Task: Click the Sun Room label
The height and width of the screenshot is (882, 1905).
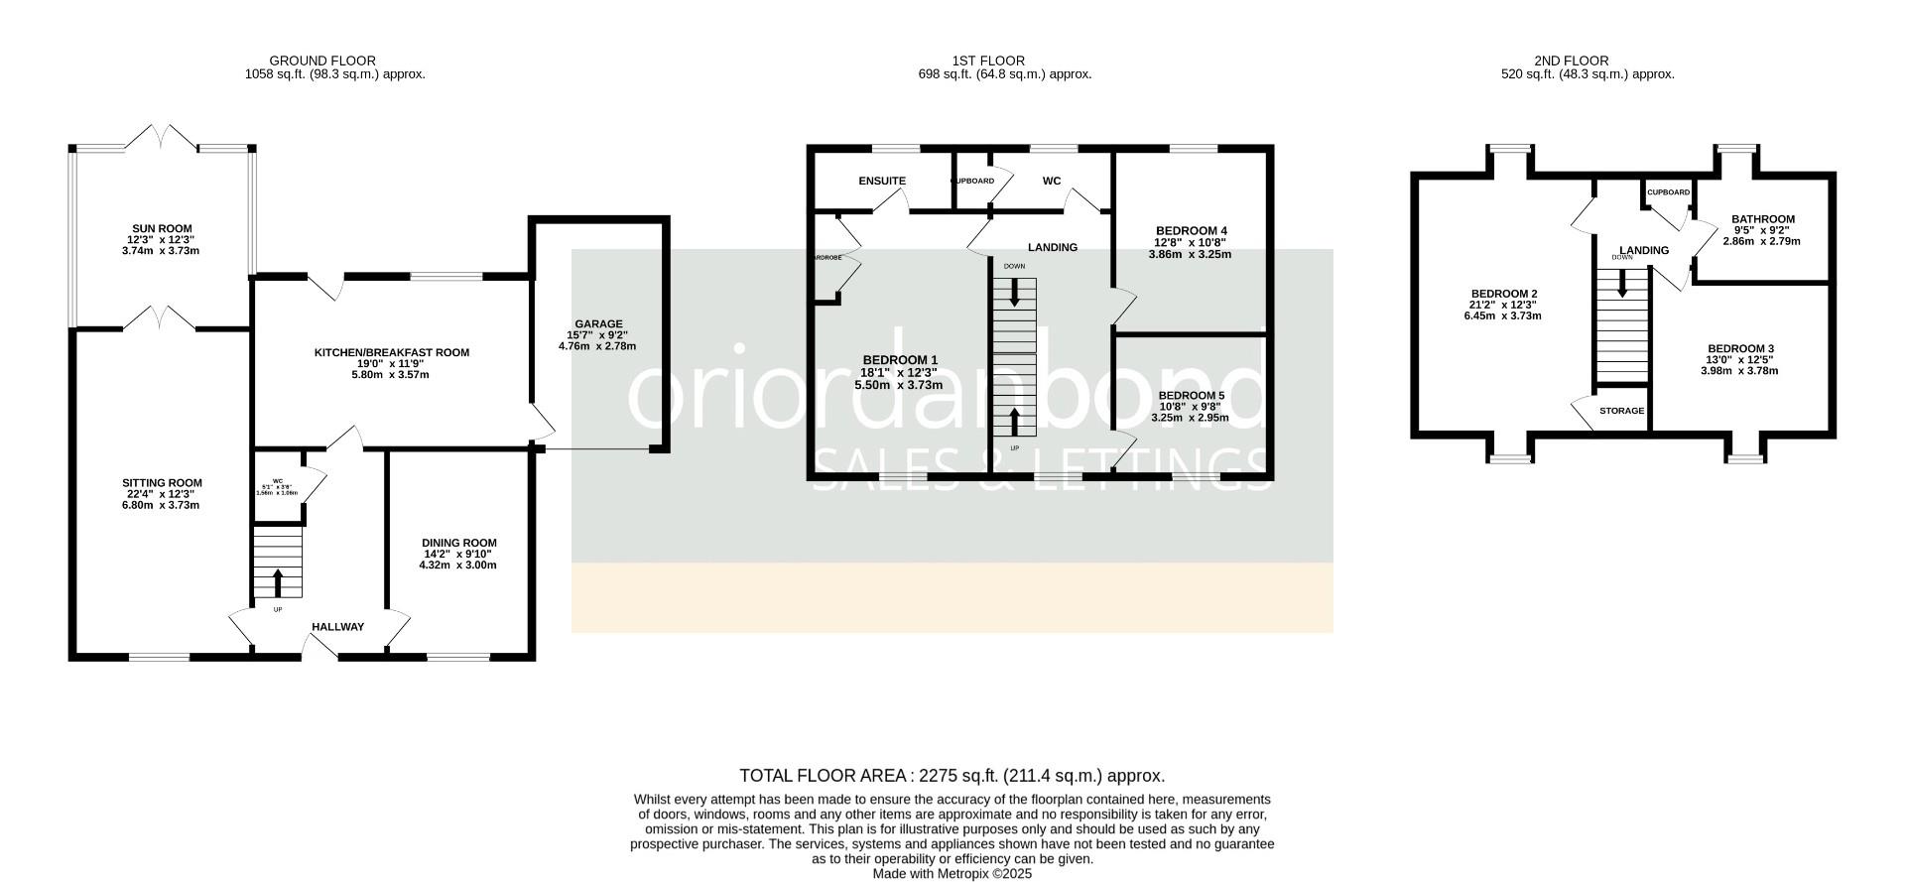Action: coord(163,228)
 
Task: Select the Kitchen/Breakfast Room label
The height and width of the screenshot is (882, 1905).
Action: coord(391,352)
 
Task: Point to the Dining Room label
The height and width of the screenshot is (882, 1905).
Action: coord(457,543)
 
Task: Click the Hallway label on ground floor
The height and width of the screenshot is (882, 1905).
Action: coord(337,627)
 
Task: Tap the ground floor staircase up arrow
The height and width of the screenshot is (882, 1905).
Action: coord(277,581)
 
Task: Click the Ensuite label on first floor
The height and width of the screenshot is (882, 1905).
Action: coord(881,181)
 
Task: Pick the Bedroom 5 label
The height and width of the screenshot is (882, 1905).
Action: coord(1191,395)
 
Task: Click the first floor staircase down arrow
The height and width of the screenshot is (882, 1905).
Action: coord(1013,292)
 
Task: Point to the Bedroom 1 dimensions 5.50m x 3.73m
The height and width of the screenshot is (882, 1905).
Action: coord(898,385)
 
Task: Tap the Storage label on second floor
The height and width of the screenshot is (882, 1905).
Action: coord(1621,411)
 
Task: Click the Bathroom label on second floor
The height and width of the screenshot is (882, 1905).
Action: coord(1762,219)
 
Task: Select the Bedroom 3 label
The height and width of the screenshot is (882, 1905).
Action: coord(1739,348)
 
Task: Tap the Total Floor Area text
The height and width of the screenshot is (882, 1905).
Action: coord(952,776)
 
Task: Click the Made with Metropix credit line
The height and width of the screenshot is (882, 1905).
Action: coord(952,874)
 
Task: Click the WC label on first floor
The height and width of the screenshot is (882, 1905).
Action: coord(1051,181)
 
